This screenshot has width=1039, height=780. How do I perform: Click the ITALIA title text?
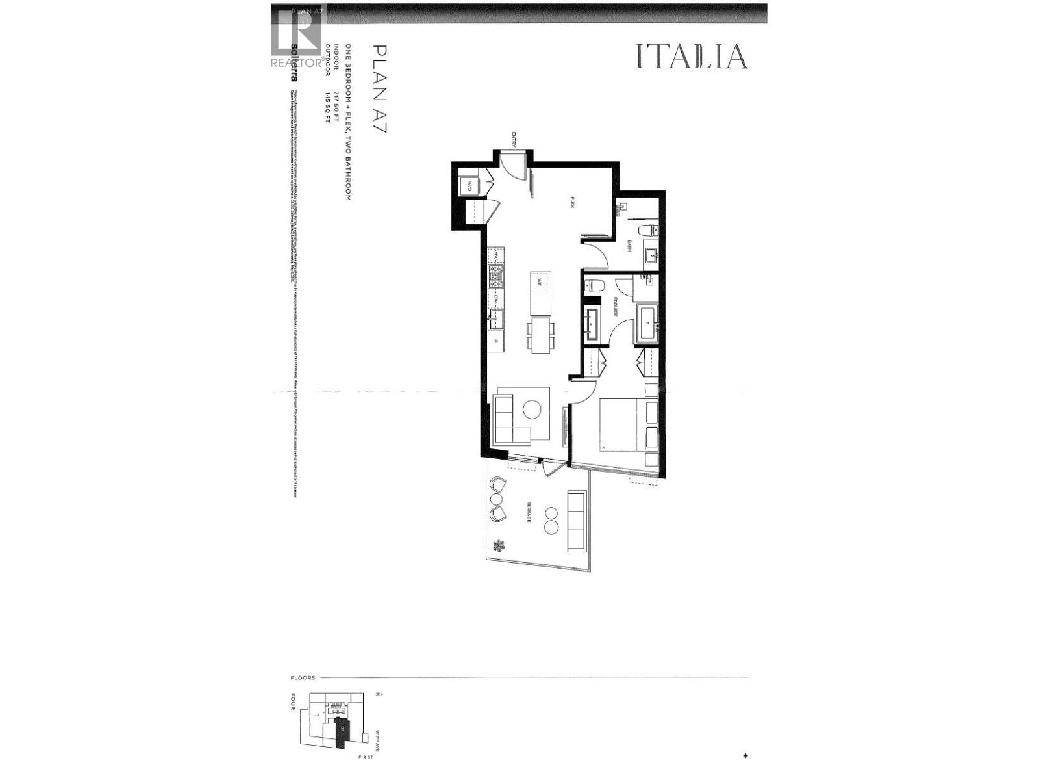coord(691,57)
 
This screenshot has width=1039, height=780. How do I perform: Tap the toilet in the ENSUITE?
coord(594,286)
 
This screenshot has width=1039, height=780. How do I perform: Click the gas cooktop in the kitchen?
coord(496,279)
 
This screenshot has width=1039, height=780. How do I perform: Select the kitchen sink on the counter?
coord(497,319)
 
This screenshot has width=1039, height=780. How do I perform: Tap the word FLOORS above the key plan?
coord(303,677)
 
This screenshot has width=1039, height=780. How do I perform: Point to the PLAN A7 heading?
coord(380,88)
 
